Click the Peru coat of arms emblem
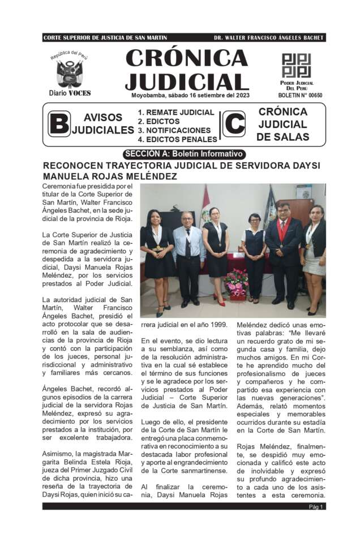70,73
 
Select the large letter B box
59,124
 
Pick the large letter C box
234,124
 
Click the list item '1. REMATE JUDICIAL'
176,113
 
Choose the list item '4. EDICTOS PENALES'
177,139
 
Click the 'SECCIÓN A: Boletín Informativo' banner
184,154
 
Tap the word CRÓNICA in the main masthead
186,59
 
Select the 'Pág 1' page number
316,507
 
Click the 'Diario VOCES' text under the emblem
70,93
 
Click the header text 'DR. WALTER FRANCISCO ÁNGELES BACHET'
268,37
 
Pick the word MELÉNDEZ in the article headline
147,176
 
